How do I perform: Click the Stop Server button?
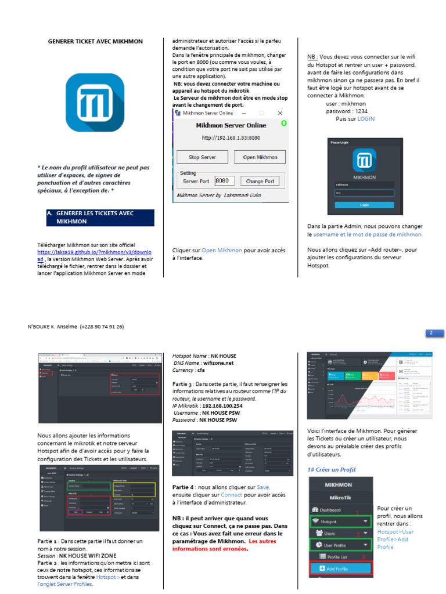202,157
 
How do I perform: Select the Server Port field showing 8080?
224,180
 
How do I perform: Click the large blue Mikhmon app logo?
94,102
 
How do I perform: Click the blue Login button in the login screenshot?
364,205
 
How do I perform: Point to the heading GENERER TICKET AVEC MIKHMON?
95,41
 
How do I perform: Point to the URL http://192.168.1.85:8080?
231,138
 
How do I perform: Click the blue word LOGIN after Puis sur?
366,118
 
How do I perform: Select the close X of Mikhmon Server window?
280,113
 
